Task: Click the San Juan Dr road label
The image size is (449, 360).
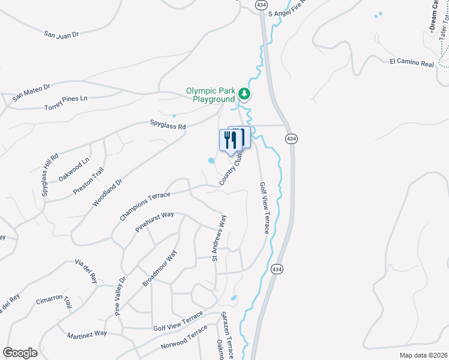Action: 62,35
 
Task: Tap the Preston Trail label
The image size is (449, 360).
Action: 83,181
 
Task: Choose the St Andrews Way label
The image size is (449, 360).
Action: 218,238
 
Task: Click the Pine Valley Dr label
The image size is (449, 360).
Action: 121,295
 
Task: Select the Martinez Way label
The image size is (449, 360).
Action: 86,333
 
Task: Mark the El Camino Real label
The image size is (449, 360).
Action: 411,62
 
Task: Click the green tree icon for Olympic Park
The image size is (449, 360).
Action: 244,94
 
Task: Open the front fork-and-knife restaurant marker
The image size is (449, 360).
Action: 230,142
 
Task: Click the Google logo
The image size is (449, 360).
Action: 20,353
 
